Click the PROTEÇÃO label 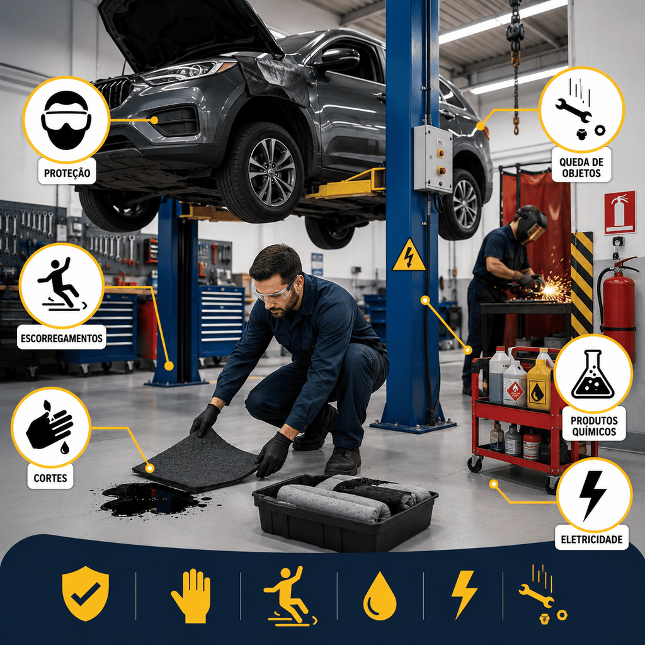pyautogui.click(x=67, y=173)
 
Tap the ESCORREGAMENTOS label pyautogui.click(x=62, y=338)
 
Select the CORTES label pyautogui.click(x=50, y=477)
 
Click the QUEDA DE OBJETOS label pyautogui.click(x=581, y=168)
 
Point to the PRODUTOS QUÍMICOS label pyautogui.click(x=594, y=426)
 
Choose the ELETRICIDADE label pyautogui.click(x=591, y=539)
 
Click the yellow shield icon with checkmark pyautogui.click(x=86, y=593)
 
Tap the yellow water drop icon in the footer pyautogui.click(x=380, y=595)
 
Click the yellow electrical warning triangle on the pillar pyautogui.click(x=408, y=256)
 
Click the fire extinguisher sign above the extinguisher pyautogui.click(x=620, y=212)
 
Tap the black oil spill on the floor pyautogui.click(x=148, y=499)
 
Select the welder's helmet pyautogui.click(x=531, y=224)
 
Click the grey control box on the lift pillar pyautogui.click(x=433, y=159)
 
